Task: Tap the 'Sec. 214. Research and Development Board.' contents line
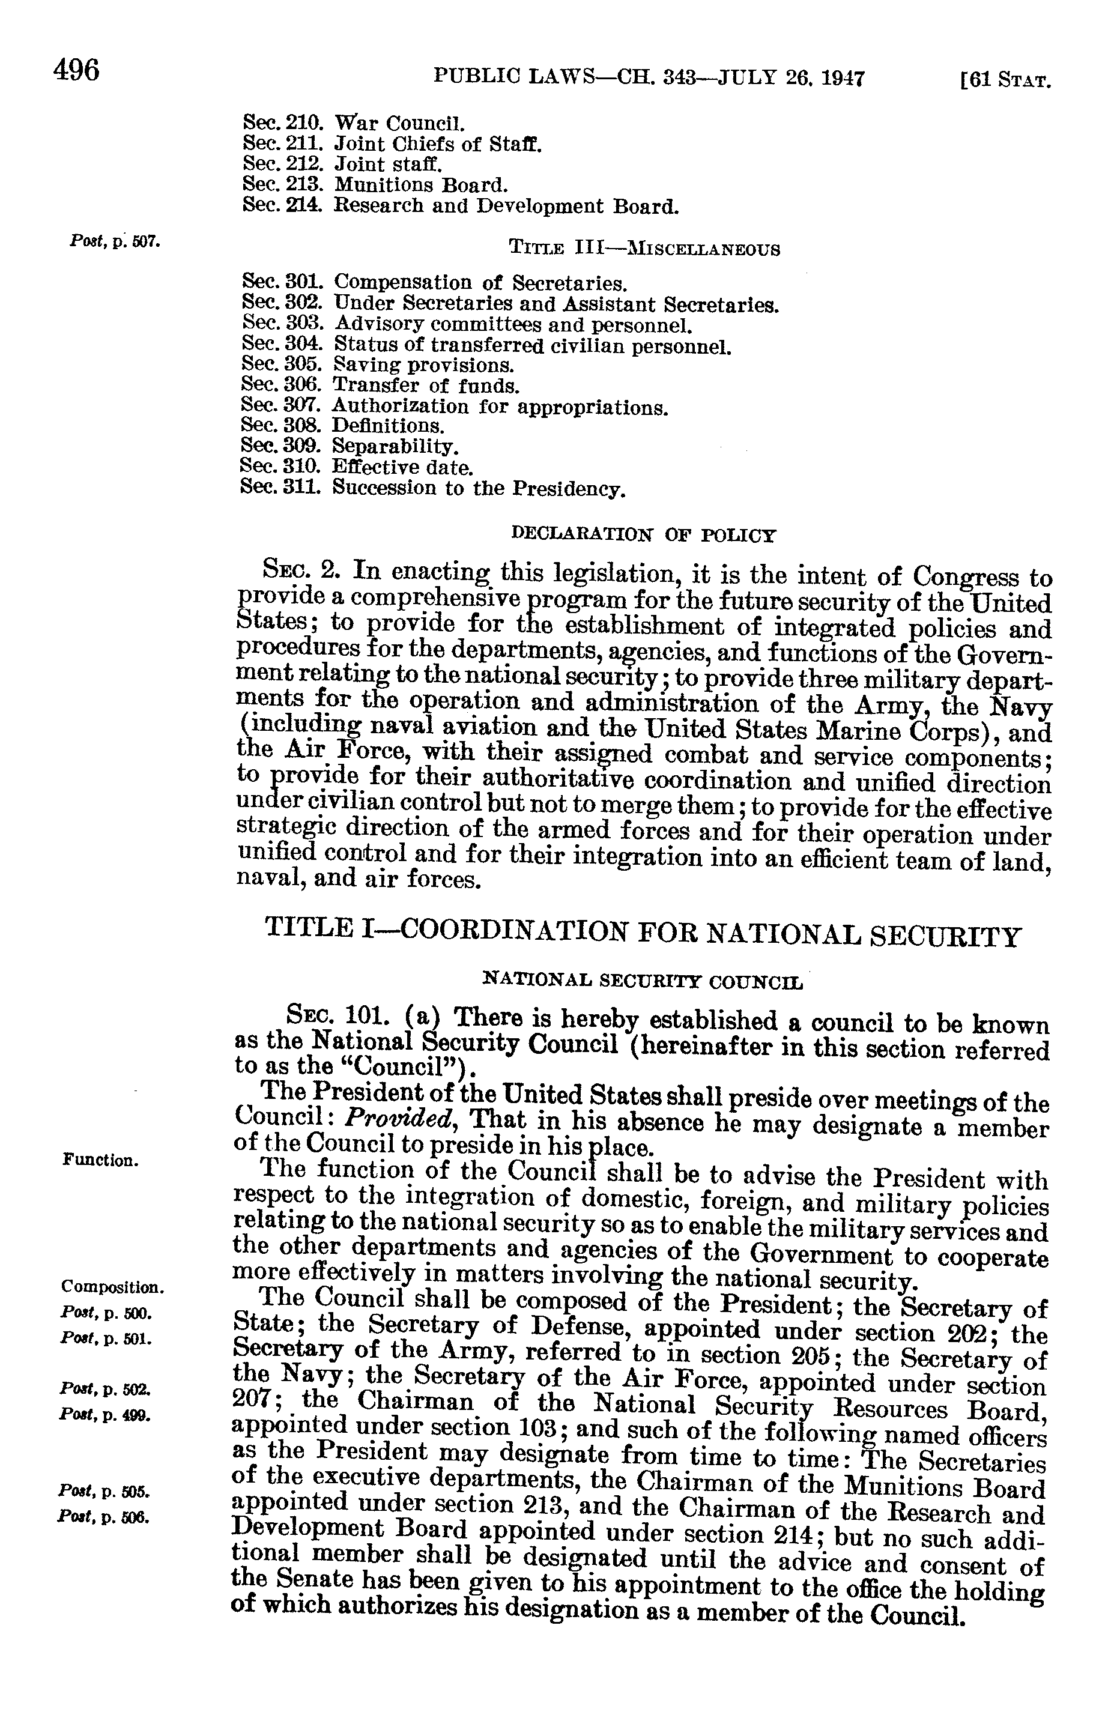[x=461, y=207]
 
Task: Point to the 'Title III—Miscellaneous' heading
[x=644, y=250]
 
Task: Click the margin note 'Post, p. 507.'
[x=114, y=241]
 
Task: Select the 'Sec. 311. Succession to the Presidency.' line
[x=432, y=489]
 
